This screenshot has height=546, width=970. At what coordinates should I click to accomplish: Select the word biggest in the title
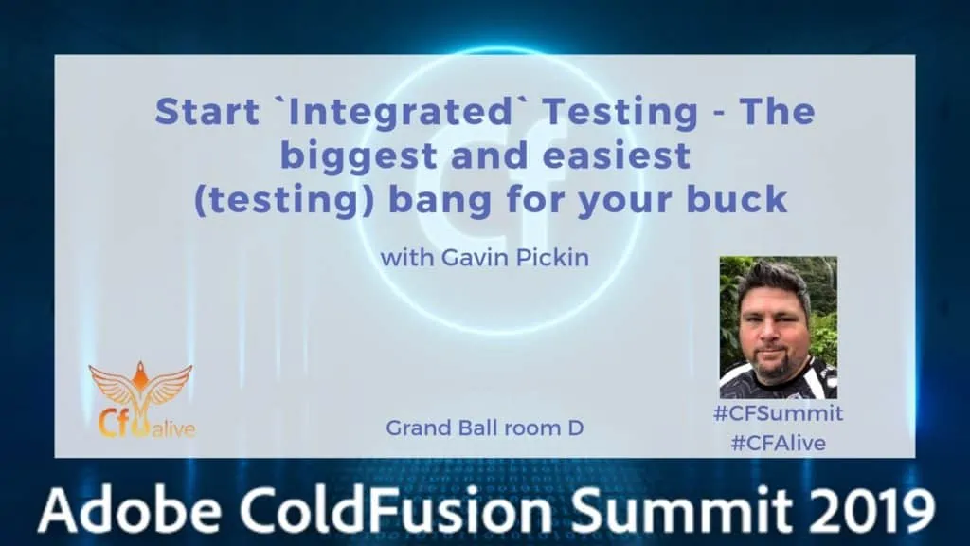pyautogui.click(x=359, y=157)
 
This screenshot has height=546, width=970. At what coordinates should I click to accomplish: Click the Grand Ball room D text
pyautogui.click(x=485, y=428)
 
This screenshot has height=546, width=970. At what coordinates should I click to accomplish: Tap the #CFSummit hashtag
pyautogui.click(x=779, y=413)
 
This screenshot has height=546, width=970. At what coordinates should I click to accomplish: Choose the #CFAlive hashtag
pyautogui.click(x=779, y=444)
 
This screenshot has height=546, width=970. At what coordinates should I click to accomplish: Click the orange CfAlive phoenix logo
pyautogui.click(x=142, y=401)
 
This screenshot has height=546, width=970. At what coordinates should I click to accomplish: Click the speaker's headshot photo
pyautogui.click(x=779, y=327)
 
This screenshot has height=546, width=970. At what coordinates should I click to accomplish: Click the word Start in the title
pyautogui.click(x=207, y=112)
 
